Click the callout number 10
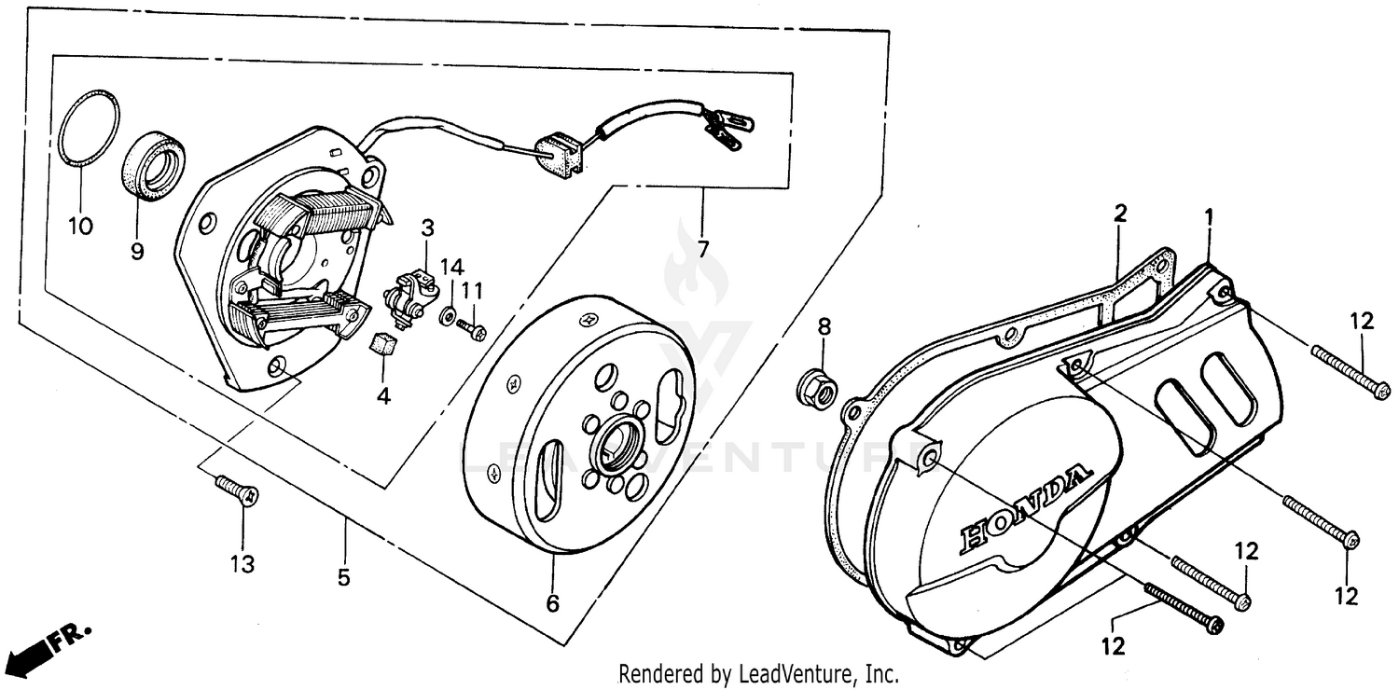coord(80,228)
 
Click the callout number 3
coord(426,228)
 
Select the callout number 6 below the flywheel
coord(552,604)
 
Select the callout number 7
coord(701,250)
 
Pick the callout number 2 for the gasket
coord(1119,213)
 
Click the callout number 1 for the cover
coord(1208,216)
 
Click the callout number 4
coord(382,396)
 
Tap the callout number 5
coord(343,578)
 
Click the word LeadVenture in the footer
coord(798,673)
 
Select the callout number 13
coord(242,565)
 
